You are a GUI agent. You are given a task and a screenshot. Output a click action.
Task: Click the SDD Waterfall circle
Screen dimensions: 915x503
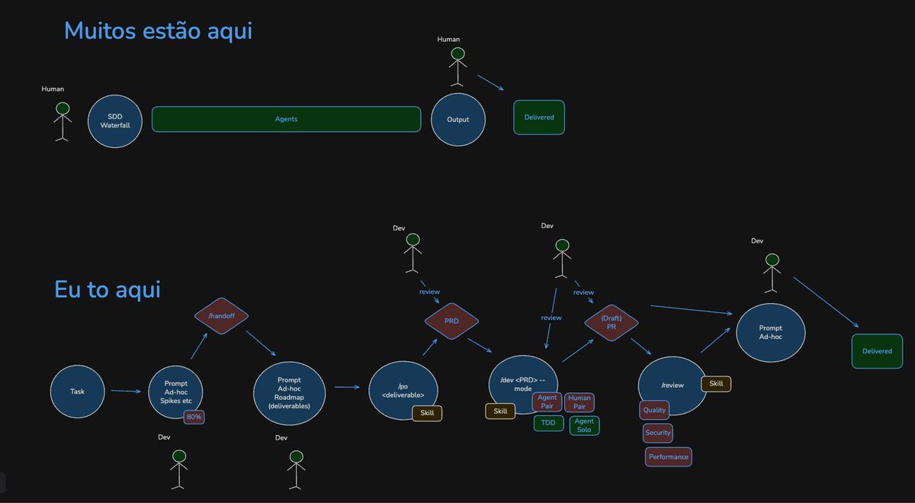click(115, 121)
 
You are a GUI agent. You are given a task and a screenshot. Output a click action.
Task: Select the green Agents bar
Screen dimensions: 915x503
click(286, 119)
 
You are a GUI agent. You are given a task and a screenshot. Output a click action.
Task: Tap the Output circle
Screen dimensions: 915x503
click(458, 119)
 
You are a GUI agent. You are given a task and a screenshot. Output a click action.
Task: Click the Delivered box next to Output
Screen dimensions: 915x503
click(539, 118)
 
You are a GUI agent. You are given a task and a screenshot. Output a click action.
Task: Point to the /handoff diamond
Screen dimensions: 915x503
click(221, 316)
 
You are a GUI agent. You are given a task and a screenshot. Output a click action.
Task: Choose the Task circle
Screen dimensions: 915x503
click(77, 392)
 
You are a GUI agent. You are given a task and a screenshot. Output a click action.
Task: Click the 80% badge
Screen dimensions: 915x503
click(194, 417)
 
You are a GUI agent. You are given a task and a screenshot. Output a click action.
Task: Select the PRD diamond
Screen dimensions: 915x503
click(451, 321)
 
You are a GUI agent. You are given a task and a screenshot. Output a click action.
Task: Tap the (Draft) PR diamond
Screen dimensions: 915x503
click(611, 323)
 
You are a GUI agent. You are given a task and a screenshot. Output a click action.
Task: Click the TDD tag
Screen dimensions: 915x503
click(548, 423)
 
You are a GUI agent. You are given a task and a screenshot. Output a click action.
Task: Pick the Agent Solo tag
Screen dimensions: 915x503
click(584, 425)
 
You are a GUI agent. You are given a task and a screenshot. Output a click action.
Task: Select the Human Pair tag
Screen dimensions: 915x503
click(579, 402)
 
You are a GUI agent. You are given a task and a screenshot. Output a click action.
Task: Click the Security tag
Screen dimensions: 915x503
click(657, 433)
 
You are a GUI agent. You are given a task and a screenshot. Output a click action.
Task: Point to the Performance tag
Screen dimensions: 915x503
click(668, 456)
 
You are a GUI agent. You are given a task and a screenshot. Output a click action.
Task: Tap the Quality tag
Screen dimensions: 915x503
click(654, 410)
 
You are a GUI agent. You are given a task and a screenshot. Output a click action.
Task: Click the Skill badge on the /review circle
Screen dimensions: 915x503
click(716, 384)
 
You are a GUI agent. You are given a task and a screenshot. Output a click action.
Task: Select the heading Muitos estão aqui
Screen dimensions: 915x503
click(158, 31)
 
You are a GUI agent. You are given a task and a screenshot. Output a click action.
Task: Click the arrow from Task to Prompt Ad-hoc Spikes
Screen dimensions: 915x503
click(126, 391)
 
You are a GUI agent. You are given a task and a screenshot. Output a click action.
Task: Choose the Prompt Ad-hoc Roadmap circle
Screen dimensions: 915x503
click(289, 393)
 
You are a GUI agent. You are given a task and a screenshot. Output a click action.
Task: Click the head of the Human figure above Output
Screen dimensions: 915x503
click(457, 53)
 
